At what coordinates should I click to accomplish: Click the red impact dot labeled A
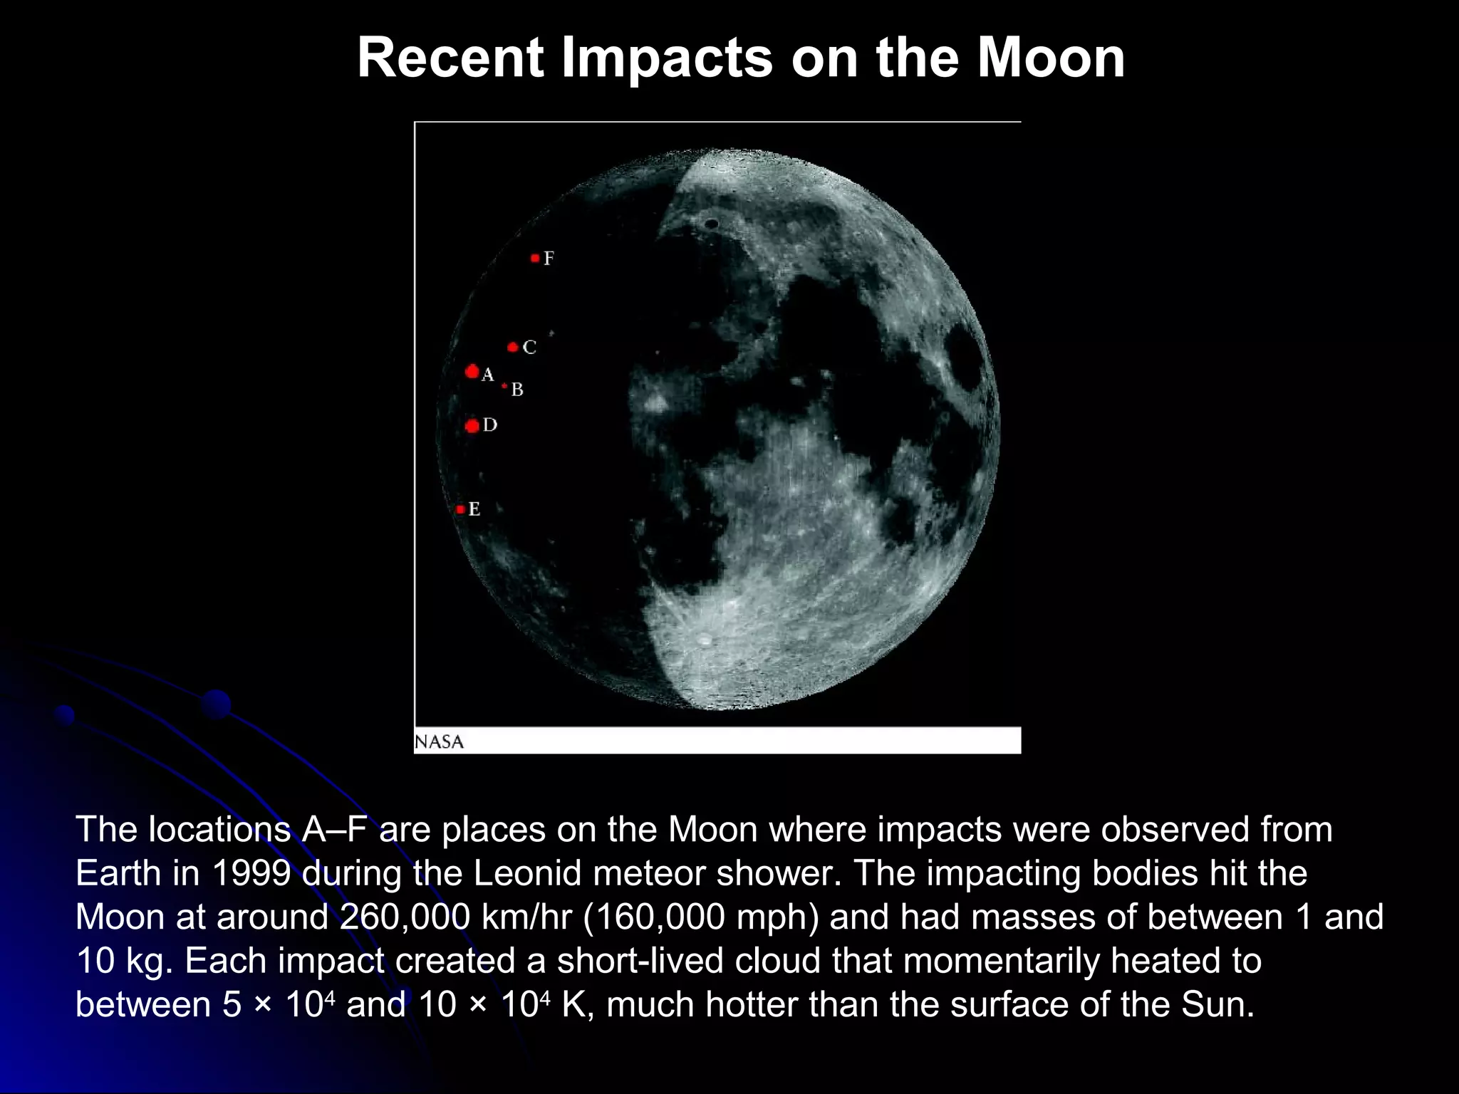(x=472, y=371)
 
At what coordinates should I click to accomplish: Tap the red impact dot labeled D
(x=472, y=426)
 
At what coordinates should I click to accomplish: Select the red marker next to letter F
(x=535, y=258)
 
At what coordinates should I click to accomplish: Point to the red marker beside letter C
(x=513, y=348)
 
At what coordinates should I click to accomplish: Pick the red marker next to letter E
(x=460, y=509)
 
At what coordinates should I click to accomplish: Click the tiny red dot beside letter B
(x=504, y=386)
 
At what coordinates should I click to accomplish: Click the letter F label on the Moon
(x=549, y=259)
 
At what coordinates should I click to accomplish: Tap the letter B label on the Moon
(x=517, y=390)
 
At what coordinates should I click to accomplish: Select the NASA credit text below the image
(x=439, y=741)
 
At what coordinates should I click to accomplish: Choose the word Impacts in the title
(x=667, y=58)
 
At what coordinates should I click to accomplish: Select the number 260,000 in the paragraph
(x=405, y=917)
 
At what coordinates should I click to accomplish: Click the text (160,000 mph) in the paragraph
(x=701, y=917)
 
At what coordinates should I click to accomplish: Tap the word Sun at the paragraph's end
(x=1217, y=1004)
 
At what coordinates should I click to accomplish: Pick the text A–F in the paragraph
(x=335, y=830)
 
